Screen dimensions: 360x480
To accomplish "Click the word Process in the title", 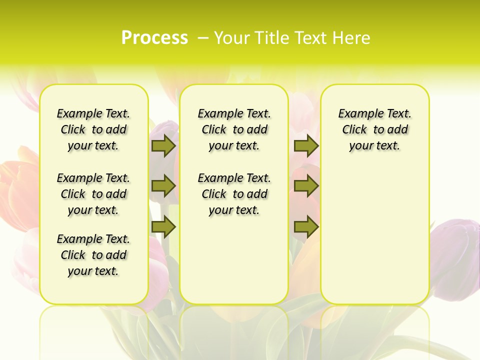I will (x=154, y=38).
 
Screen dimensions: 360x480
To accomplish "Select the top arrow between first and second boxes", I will (x=163, y=145).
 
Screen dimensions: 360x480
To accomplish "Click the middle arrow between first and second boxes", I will (x=163, y=186).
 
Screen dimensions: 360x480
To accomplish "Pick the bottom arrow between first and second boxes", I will (x=163, y=227).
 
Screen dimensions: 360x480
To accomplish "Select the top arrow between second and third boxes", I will (x=306, y=145).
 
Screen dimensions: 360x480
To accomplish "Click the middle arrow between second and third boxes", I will (x=306, y=186).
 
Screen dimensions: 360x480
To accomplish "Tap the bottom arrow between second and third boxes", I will (x=306, y=227).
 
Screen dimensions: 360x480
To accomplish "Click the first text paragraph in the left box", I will (x=93, y=129).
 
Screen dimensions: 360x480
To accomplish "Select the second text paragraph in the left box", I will (x=93, y=194).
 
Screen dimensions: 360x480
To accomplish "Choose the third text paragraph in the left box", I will (x=93, y=255).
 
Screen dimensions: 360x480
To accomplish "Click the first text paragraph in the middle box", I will (x=234, y=129).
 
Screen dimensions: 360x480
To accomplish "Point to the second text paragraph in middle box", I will (x=234, y=194).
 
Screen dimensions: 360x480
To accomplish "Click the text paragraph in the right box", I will (x=374, y=129).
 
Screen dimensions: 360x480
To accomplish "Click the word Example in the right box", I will (x=356, y=114).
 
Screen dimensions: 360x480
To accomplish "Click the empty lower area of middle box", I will (x=234, y=260).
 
